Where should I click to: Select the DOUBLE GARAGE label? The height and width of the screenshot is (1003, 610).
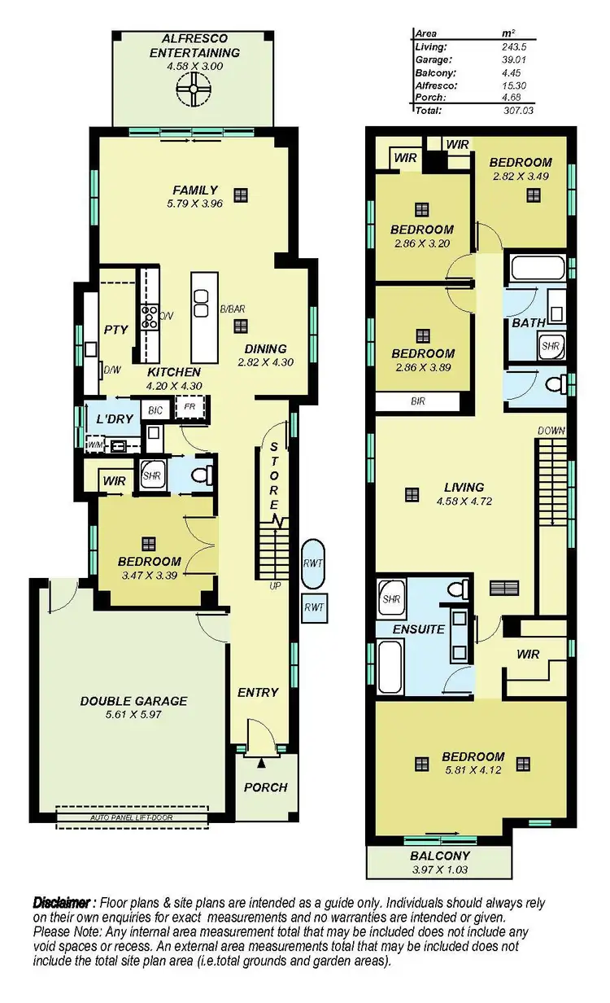[x=133, y=700]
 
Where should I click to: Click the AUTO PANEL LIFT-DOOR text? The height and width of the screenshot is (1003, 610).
[x=132, y=817]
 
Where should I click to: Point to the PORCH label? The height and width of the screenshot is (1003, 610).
[x=265, y=787]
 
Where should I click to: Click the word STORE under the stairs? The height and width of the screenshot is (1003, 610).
[x=275, y=480]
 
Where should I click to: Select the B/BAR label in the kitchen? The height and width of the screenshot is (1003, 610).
[x=233, y=309]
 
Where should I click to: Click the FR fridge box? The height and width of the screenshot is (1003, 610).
[x=190, y=406]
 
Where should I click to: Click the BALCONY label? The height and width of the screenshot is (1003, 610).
[x=439, y=856]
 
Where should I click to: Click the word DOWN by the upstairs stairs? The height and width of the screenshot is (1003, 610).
[x=551, y=430]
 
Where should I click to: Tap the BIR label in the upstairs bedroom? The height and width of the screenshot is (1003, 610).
[x=418, y=401]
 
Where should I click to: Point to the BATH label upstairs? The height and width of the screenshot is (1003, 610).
[x=529, y=323]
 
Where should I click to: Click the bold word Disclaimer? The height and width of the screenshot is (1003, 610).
[x=62, y=903]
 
